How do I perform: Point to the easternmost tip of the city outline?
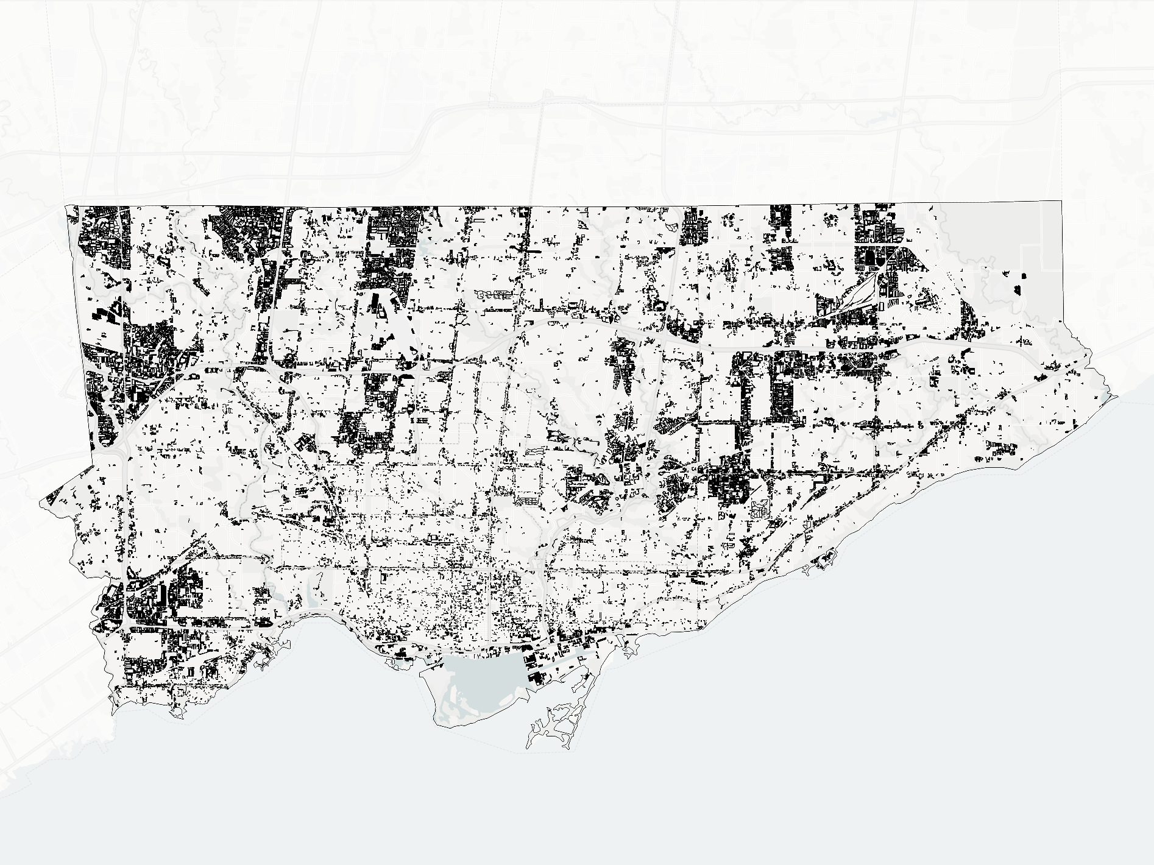tap(1119, 395)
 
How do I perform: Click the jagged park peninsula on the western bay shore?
tap(265, 655)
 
